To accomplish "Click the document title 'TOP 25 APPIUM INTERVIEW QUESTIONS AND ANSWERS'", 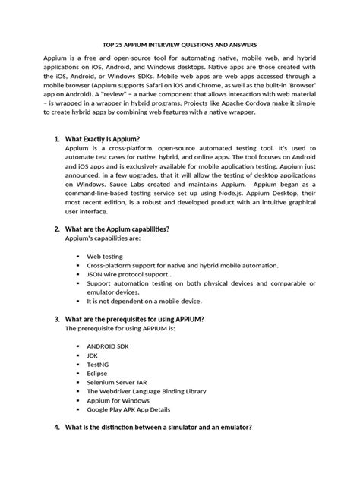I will pos(180,44).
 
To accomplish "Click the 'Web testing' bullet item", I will pos(108,257).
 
